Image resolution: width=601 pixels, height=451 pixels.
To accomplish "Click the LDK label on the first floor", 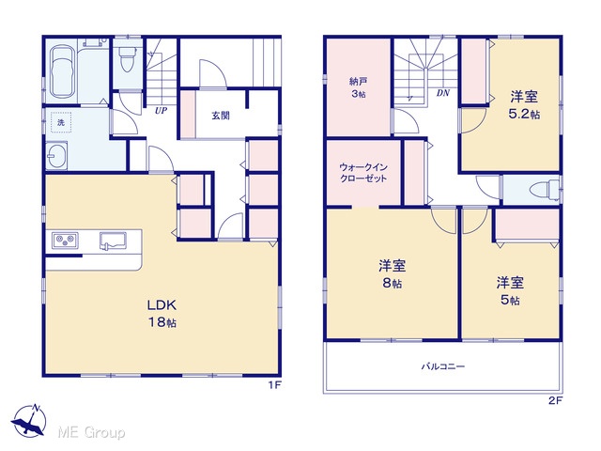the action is pos(162,313).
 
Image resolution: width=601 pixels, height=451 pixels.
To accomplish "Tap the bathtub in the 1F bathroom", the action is pos(62,72).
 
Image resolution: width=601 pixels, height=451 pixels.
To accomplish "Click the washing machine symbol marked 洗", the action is pos(61,122).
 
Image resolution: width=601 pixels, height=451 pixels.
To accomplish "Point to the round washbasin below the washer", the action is pos(56,156).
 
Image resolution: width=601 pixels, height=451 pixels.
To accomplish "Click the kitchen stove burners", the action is pos(65,241).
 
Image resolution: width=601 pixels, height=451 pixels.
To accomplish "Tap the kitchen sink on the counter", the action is pos(113,241).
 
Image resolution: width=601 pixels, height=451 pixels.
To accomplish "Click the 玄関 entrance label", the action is pos(221,116).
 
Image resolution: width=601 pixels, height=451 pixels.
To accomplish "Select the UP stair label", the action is pos(161,111).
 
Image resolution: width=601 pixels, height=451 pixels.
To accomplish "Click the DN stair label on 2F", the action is pos(443,93).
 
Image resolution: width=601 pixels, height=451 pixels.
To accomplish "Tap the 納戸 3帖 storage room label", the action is pos(359,87).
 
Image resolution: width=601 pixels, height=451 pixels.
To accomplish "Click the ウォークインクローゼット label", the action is pos(363,173).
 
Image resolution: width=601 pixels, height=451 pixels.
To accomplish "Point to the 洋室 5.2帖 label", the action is pos(524,105).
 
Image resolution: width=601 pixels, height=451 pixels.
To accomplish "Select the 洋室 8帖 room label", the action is pos(393,273).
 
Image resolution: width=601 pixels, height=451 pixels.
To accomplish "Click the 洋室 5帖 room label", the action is pos(510,291).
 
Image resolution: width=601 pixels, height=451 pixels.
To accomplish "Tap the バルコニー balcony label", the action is pos(443,366).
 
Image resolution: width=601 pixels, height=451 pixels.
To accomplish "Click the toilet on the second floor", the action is pos(545,190).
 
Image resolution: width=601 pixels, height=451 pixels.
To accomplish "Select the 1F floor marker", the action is pos(275,385).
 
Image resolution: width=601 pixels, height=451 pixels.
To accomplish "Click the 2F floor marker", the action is pos(555,401).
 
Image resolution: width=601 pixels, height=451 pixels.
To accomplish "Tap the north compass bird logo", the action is pos(29,420).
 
